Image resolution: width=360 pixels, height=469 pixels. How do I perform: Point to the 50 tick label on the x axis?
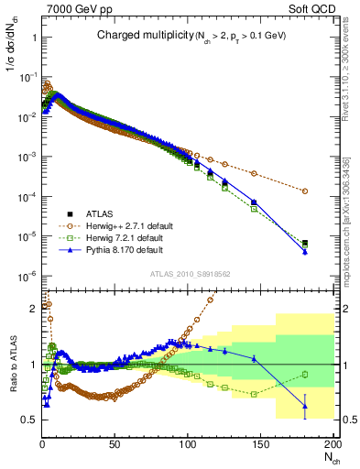115,444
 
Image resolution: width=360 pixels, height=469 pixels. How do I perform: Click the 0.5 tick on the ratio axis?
28,420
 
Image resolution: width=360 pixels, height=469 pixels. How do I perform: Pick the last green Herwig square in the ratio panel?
304,373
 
